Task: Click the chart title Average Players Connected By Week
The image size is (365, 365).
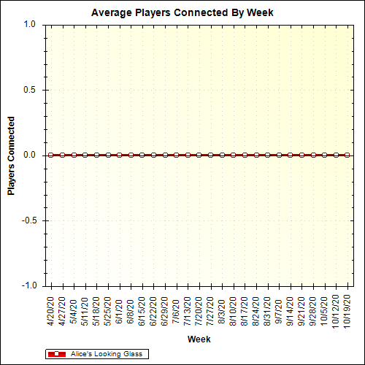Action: coord(182,13)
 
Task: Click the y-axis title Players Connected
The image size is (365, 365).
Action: coord(12,155)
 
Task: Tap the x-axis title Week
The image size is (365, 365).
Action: coord(199,339)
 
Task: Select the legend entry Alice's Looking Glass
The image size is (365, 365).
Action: coord(106,353)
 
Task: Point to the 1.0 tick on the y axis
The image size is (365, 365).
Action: coord(29,24)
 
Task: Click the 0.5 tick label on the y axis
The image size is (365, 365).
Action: coord(29,90)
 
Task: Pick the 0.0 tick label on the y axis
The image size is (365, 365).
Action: coord(29,155)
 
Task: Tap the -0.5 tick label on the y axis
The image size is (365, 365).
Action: coord(28,220)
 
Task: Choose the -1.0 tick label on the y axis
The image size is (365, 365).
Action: coord(28,285)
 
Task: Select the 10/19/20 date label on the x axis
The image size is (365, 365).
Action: coord(347,311)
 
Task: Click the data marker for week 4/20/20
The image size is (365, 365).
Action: coord(50,155)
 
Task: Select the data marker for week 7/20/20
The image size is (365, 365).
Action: coord(199,155)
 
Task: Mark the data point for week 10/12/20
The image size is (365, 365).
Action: coord(336,155)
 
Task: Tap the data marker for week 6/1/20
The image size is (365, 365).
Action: coord(119,155)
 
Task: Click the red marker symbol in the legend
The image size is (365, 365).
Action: coord(56,354)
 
